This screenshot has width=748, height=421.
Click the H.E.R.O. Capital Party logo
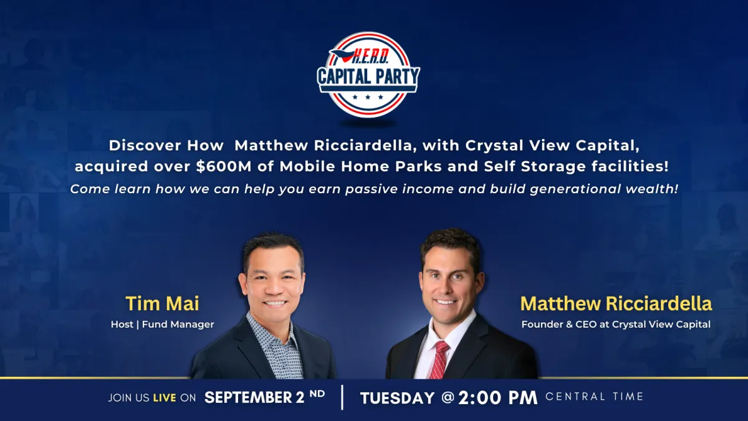368,75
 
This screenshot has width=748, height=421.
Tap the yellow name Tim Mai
162,303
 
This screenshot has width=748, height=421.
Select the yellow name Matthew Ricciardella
616,303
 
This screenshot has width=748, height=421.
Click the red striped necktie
439,359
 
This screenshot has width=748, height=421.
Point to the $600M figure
223,166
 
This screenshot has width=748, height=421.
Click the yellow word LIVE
165,398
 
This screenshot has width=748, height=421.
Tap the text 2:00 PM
498,398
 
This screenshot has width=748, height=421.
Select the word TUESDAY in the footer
398,398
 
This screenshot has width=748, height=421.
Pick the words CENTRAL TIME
595,396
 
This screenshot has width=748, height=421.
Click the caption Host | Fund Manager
162,324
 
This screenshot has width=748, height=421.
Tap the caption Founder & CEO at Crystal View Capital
616,324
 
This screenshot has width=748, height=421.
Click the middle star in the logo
368,97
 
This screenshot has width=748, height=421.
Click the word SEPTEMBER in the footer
248,398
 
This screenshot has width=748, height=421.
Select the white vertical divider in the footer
342,397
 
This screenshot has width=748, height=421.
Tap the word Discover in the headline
145,146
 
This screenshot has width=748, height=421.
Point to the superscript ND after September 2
317,394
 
